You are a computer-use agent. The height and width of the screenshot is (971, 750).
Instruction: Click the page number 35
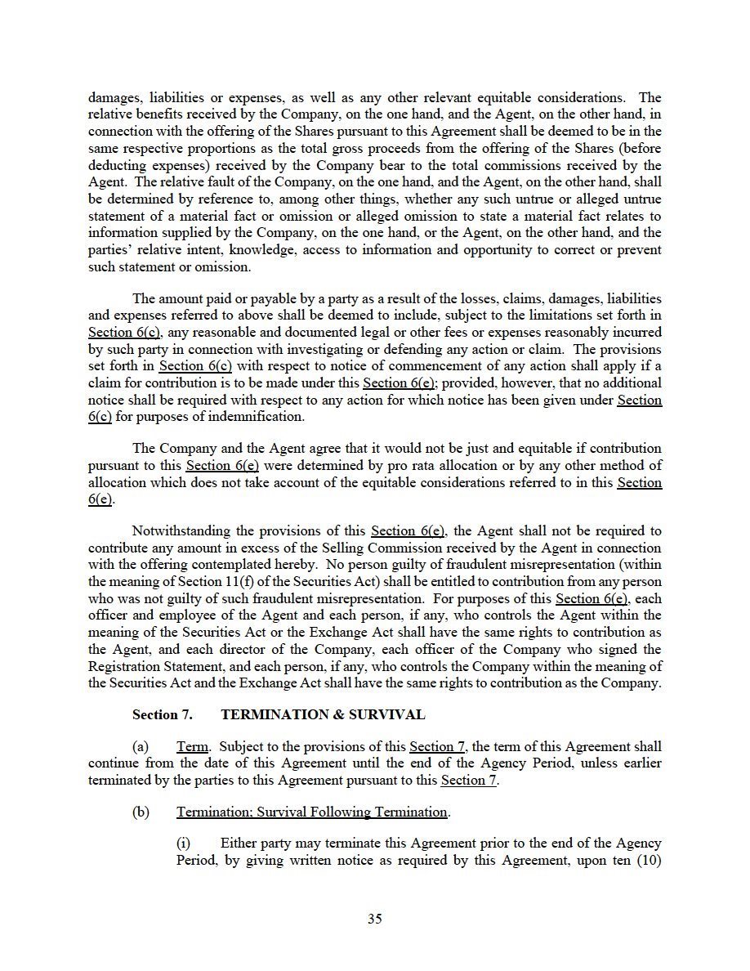[x=375, y=918]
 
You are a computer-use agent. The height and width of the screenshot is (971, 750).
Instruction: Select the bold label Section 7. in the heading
[x=163, y=714]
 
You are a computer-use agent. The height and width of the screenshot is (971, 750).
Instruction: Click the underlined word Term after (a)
[x=193, y=746]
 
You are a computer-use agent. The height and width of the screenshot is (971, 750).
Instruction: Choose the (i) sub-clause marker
[x=185, y=843]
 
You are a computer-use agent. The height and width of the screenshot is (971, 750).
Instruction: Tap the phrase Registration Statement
[x=146, y=666]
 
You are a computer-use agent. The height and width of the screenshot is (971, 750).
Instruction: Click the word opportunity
[x=492, y=250]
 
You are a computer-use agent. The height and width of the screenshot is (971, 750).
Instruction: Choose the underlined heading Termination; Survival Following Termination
[x=312, y=812]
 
